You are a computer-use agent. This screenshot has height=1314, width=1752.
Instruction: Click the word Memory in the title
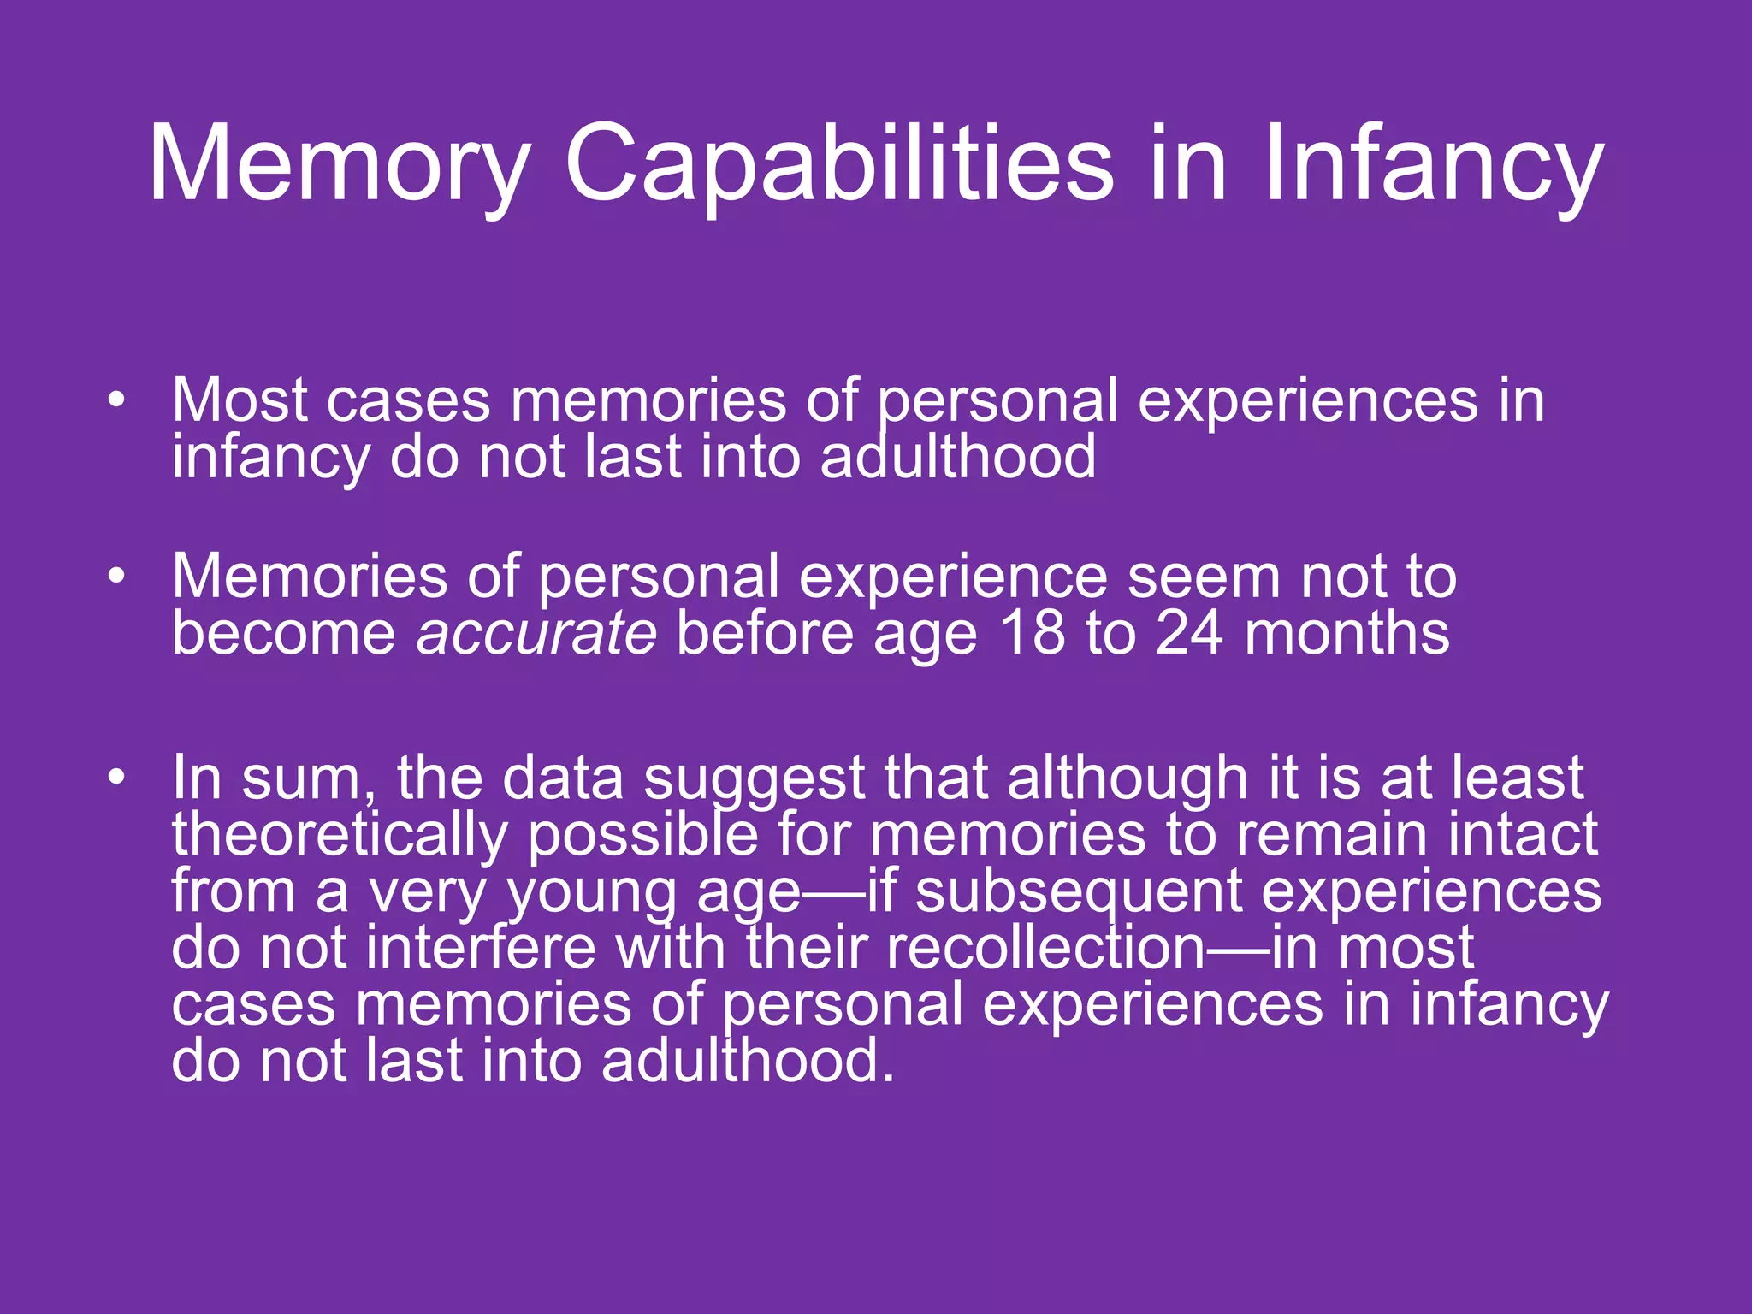[x=339, y=164]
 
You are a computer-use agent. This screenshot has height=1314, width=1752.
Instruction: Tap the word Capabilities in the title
[x=838, y=164]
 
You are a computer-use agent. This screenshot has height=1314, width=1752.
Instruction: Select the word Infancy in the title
[x=1432, y=164]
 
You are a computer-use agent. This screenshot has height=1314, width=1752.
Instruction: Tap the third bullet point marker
[x=117, y=778]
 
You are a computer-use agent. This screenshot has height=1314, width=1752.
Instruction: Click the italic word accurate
[x=536, y=634]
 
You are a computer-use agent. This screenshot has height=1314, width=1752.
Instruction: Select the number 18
[x=1033, y=634]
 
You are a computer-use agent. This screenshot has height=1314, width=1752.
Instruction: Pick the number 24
[x=1189, y=634]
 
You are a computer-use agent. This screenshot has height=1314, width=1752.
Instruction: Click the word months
[x=1347, y=634]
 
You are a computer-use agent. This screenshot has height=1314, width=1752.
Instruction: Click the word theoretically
[x=340, y=835]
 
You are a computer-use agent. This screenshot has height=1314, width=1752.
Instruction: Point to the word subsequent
[x=1079, y=891]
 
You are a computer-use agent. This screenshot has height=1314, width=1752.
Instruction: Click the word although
[x=1127, y=778]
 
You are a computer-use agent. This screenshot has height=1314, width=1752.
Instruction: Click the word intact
[x=1523, y=835]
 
